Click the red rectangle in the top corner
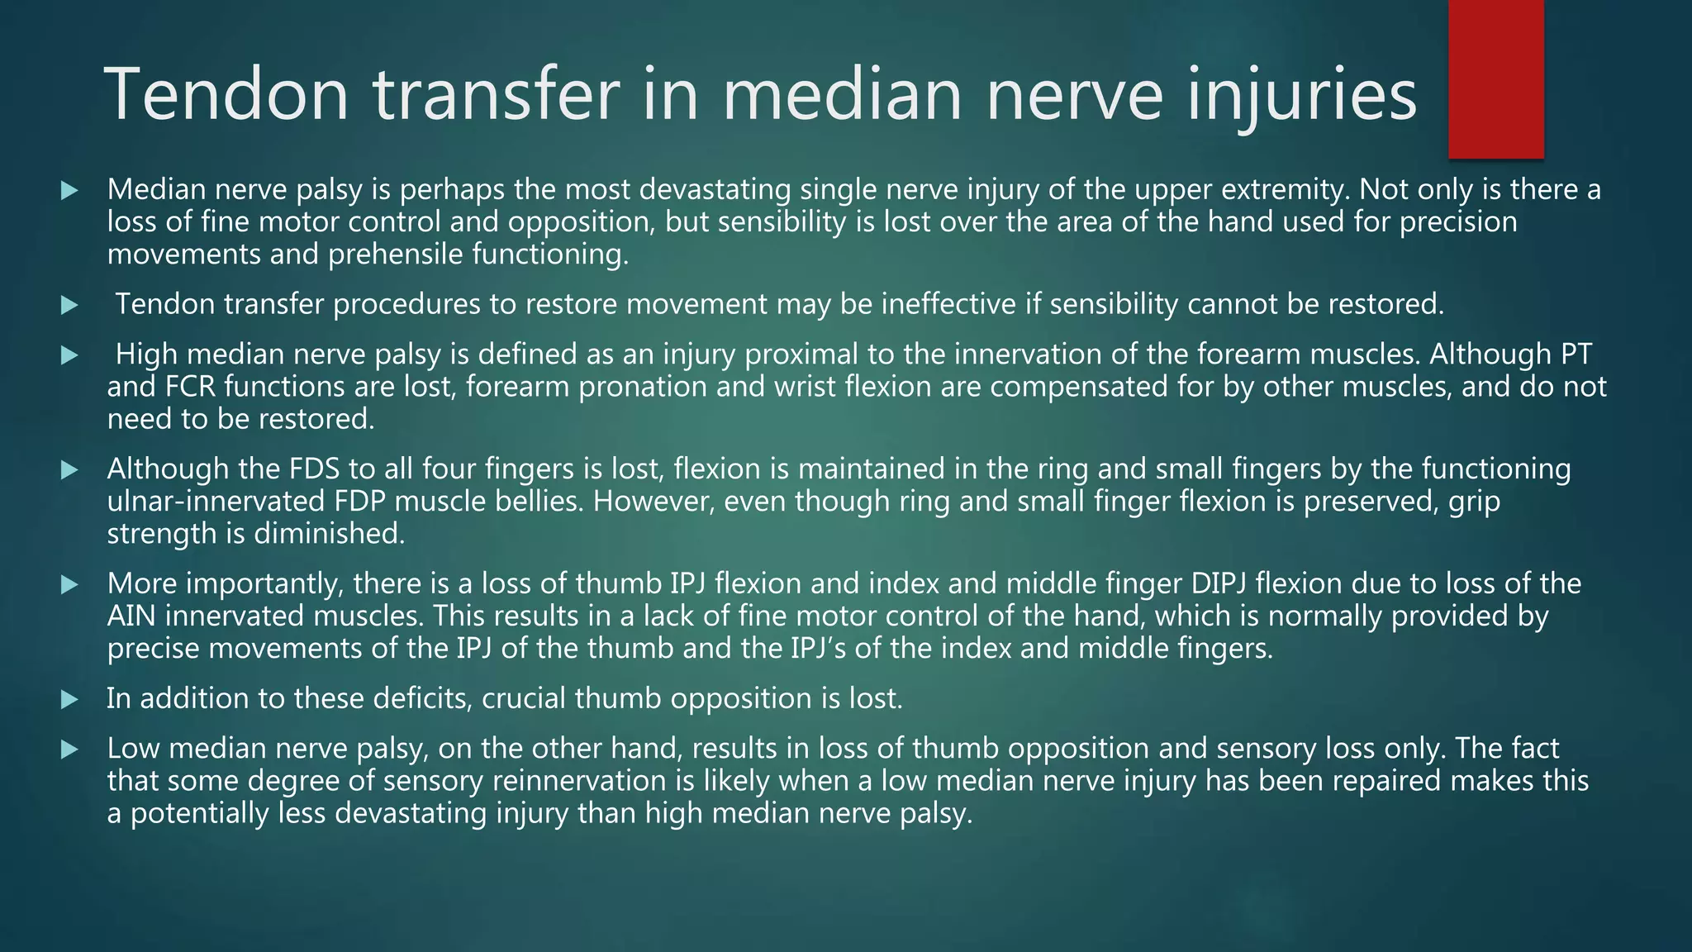1495,79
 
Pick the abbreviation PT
1575,355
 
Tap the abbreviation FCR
186,387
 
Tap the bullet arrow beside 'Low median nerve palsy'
69,750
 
